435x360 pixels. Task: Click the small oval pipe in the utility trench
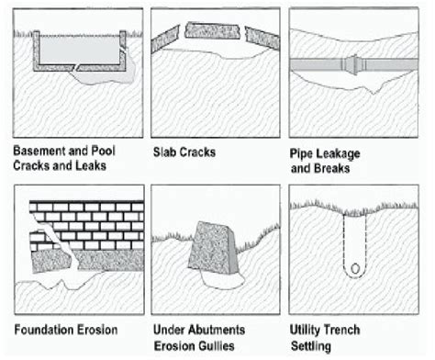[356, 270]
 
